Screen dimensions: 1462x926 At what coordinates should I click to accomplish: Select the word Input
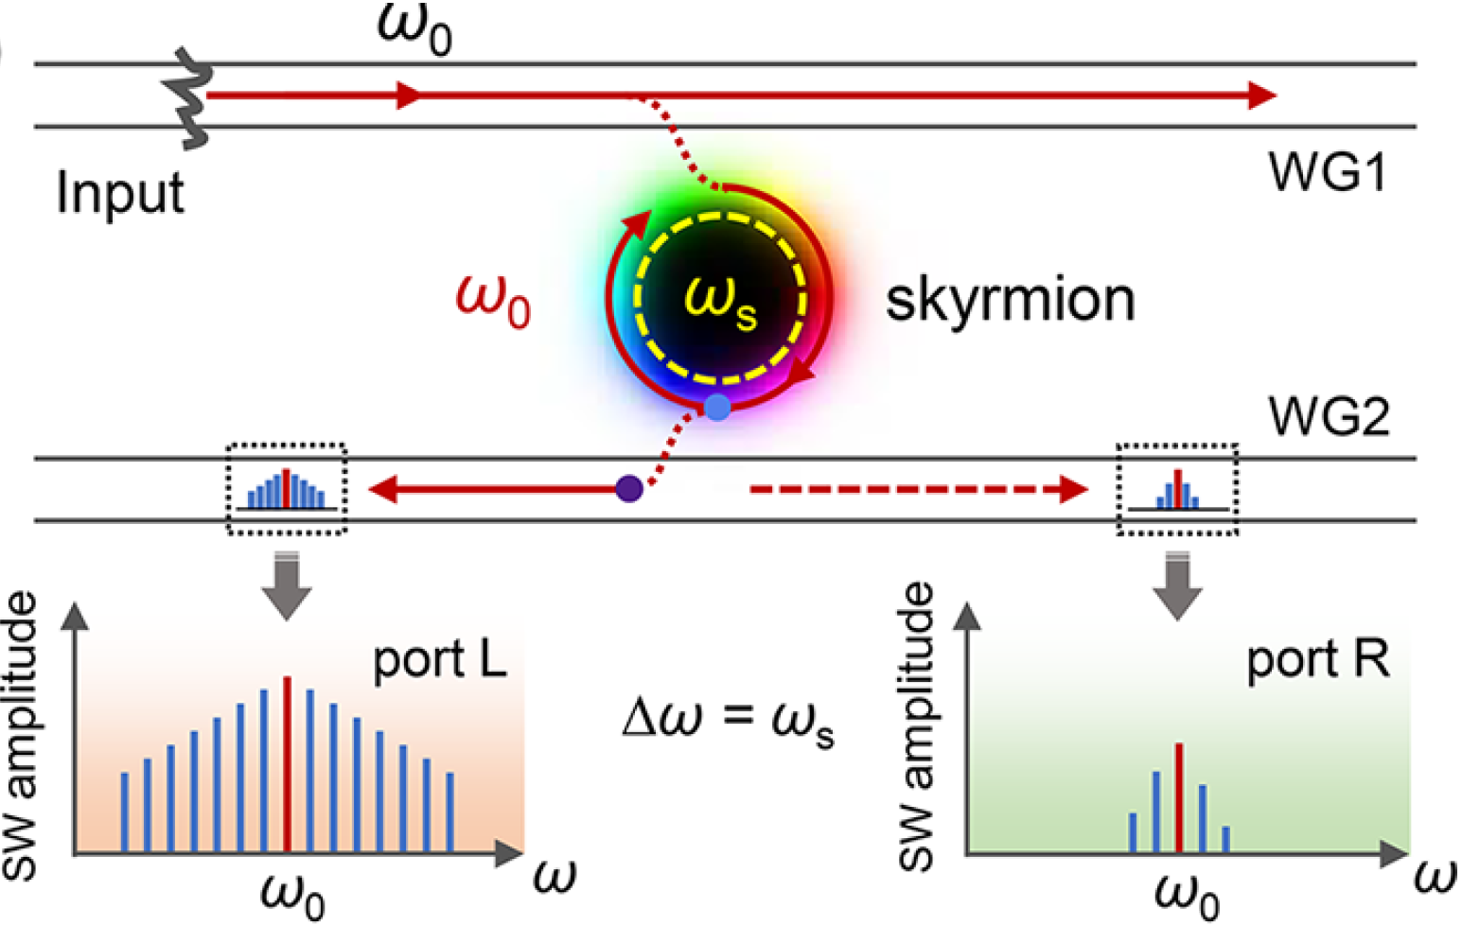tap(120, 194)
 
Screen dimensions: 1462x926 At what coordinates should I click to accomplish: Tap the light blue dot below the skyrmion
tap(717, 408)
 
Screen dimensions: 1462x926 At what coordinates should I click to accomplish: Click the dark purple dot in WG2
tap(629, 489)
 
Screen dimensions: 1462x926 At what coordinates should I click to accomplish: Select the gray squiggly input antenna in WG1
tap(188, 97)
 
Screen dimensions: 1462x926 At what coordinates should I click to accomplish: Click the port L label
tap(439, 660)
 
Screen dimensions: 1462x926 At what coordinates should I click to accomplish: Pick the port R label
tap(1318, 660)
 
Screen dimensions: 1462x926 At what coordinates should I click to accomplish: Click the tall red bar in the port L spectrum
tap(287, 764)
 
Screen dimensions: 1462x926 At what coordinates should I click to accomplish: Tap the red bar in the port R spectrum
tap(1179, 797)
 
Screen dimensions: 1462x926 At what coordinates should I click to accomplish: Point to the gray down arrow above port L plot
tap(287, 585)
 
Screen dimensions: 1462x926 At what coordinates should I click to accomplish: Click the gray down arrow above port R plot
tap(1177, 585)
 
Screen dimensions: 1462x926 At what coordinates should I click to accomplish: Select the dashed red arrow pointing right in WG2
tap(920, 489)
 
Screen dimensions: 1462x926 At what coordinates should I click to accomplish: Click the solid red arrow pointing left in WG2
tap(493, 489)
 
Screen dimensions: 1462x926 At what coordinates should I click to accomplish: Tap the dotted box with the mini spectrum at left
tap(287, 489)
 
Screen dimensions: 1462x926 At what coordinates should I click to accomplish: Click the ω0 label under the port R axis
tap(1187, 898)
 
